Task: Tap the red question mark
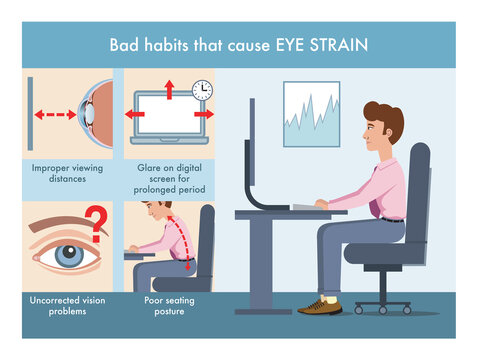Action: (98, 224)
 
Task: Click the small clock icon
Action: (202, 90)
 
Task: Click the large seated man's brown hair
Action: (386, 120)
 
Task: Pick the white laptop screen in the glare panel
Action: (167, 115)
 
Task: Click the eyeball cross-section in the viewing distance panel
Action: (96, 113)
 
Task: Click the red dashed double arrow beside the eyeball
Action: (56, 114)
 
